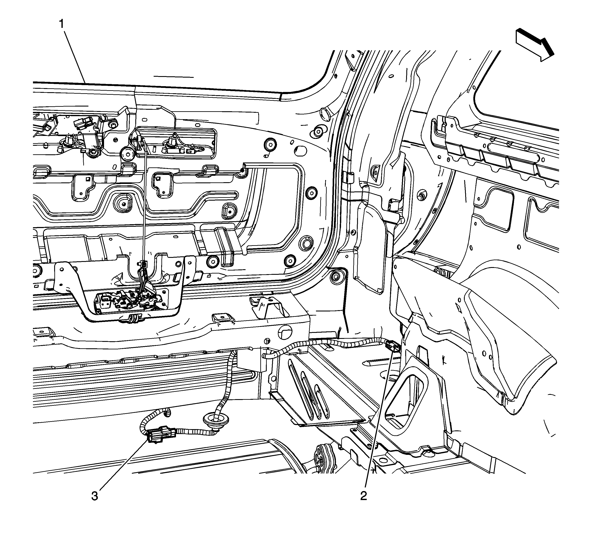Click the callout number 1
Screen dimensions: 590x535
[x=62, y=24]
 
